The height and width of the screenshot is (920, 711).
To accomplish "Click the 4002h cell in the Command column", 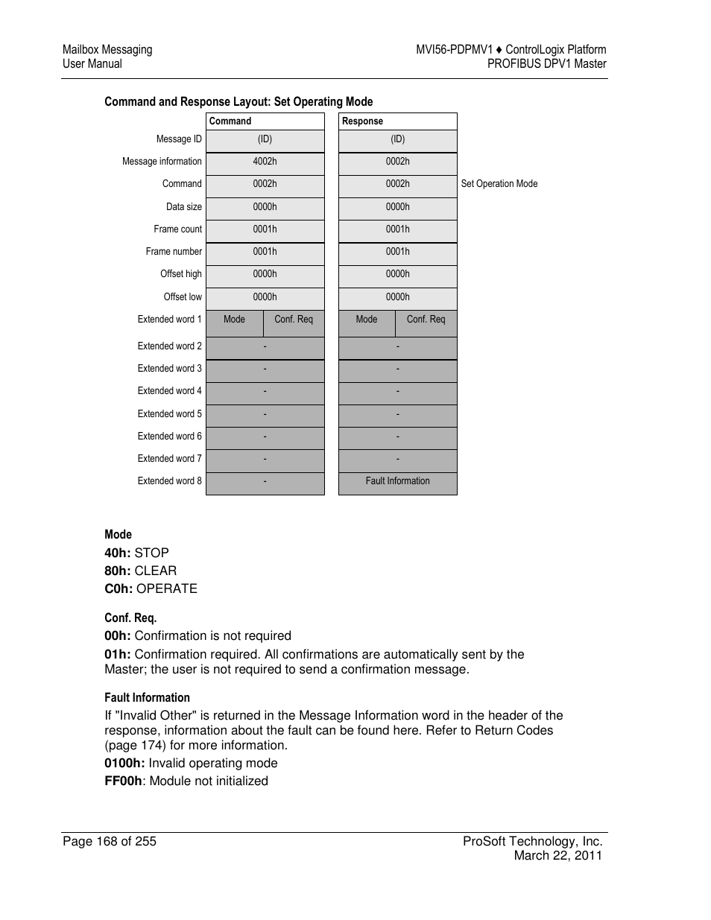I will click(x=265, y=162).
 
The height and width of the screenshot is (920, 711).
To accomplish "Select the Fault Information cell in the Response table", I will click(x=397, y=481).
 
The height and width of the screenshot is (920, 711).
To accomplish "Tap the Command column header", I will click(x=230, y=121).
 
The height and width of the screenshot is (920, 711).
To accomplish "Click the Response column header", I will click(x=362, y=121).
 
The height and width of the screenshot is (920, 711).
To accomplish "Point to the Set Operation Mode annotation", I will click(x=499, y=184).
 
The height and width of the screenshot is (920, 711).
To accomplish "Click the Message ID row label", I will click(x=179, y=139).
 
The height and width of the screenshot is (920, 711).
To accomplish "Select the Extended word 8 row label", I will click(x=169, y=481).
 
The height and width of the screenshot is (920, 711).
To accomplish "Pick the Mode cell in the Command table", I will click(x=234, y=320).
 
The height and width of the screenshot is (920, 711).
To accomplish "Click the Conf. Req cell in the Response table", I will click(x=426, y=320).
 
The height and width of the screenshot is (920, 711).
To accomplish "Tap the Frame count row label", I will click(x=177, y=229).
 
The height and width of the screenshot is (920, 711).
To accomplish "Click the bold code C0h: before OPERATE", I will click(x=118, y=589).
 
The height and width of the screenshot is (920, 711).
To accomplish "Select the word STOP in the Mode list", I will click(x=151, y=553).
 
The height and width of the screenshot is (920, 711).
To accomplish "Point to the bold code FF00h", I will click(x=123, y=781).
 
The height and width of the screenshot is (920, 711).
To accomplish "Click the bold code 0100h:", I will click(x=124, y=763).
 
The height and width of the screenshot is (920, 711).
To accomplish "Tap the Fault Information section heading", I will click(x=147, y=698).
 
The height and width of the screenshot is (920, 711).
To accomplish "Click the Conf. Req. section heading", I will click(x=130, y=618).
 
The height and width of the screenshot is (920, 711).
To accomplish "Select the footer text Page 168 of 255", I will click(x=110, y=841).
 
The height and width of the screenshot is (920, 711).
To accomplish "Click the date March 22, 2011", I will click(x=557, y=855).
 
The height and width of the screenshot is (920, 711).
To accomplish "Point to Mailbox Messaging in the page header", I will click(x=107, y=50).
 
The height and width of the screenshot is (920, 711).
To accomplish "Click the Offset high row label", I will click(x=181, y=274).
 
